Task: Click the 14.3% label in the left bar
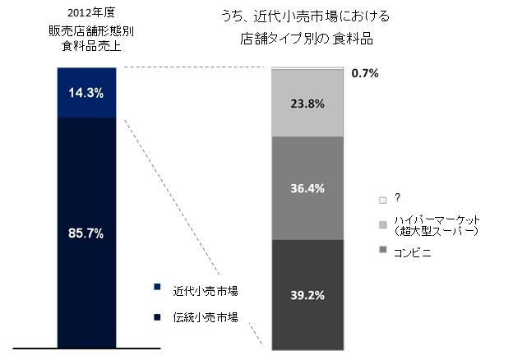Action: coord(86,93)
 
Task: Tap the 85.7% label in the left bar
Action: coord(86,233)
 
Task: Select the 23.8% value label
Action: coord(307,104)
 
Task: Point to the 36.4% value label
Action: coord(307,188)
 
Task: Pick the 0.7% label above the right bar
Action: coord(364,73)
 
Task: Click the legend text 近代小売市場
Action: coord(205,291)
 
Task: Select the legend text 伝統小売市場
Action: coord(205,316)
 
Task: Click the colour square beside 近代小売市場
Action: coord(156,288)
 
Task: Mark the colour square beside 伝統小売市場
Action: coord(156,316)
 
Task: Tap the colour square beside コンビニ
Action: coord(382,248)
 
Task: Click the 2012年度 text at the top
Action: coord(86,12)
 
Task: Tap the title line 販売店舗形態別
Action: coord(86,31)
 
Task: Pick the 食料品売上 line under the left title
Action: coord(86,48)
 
